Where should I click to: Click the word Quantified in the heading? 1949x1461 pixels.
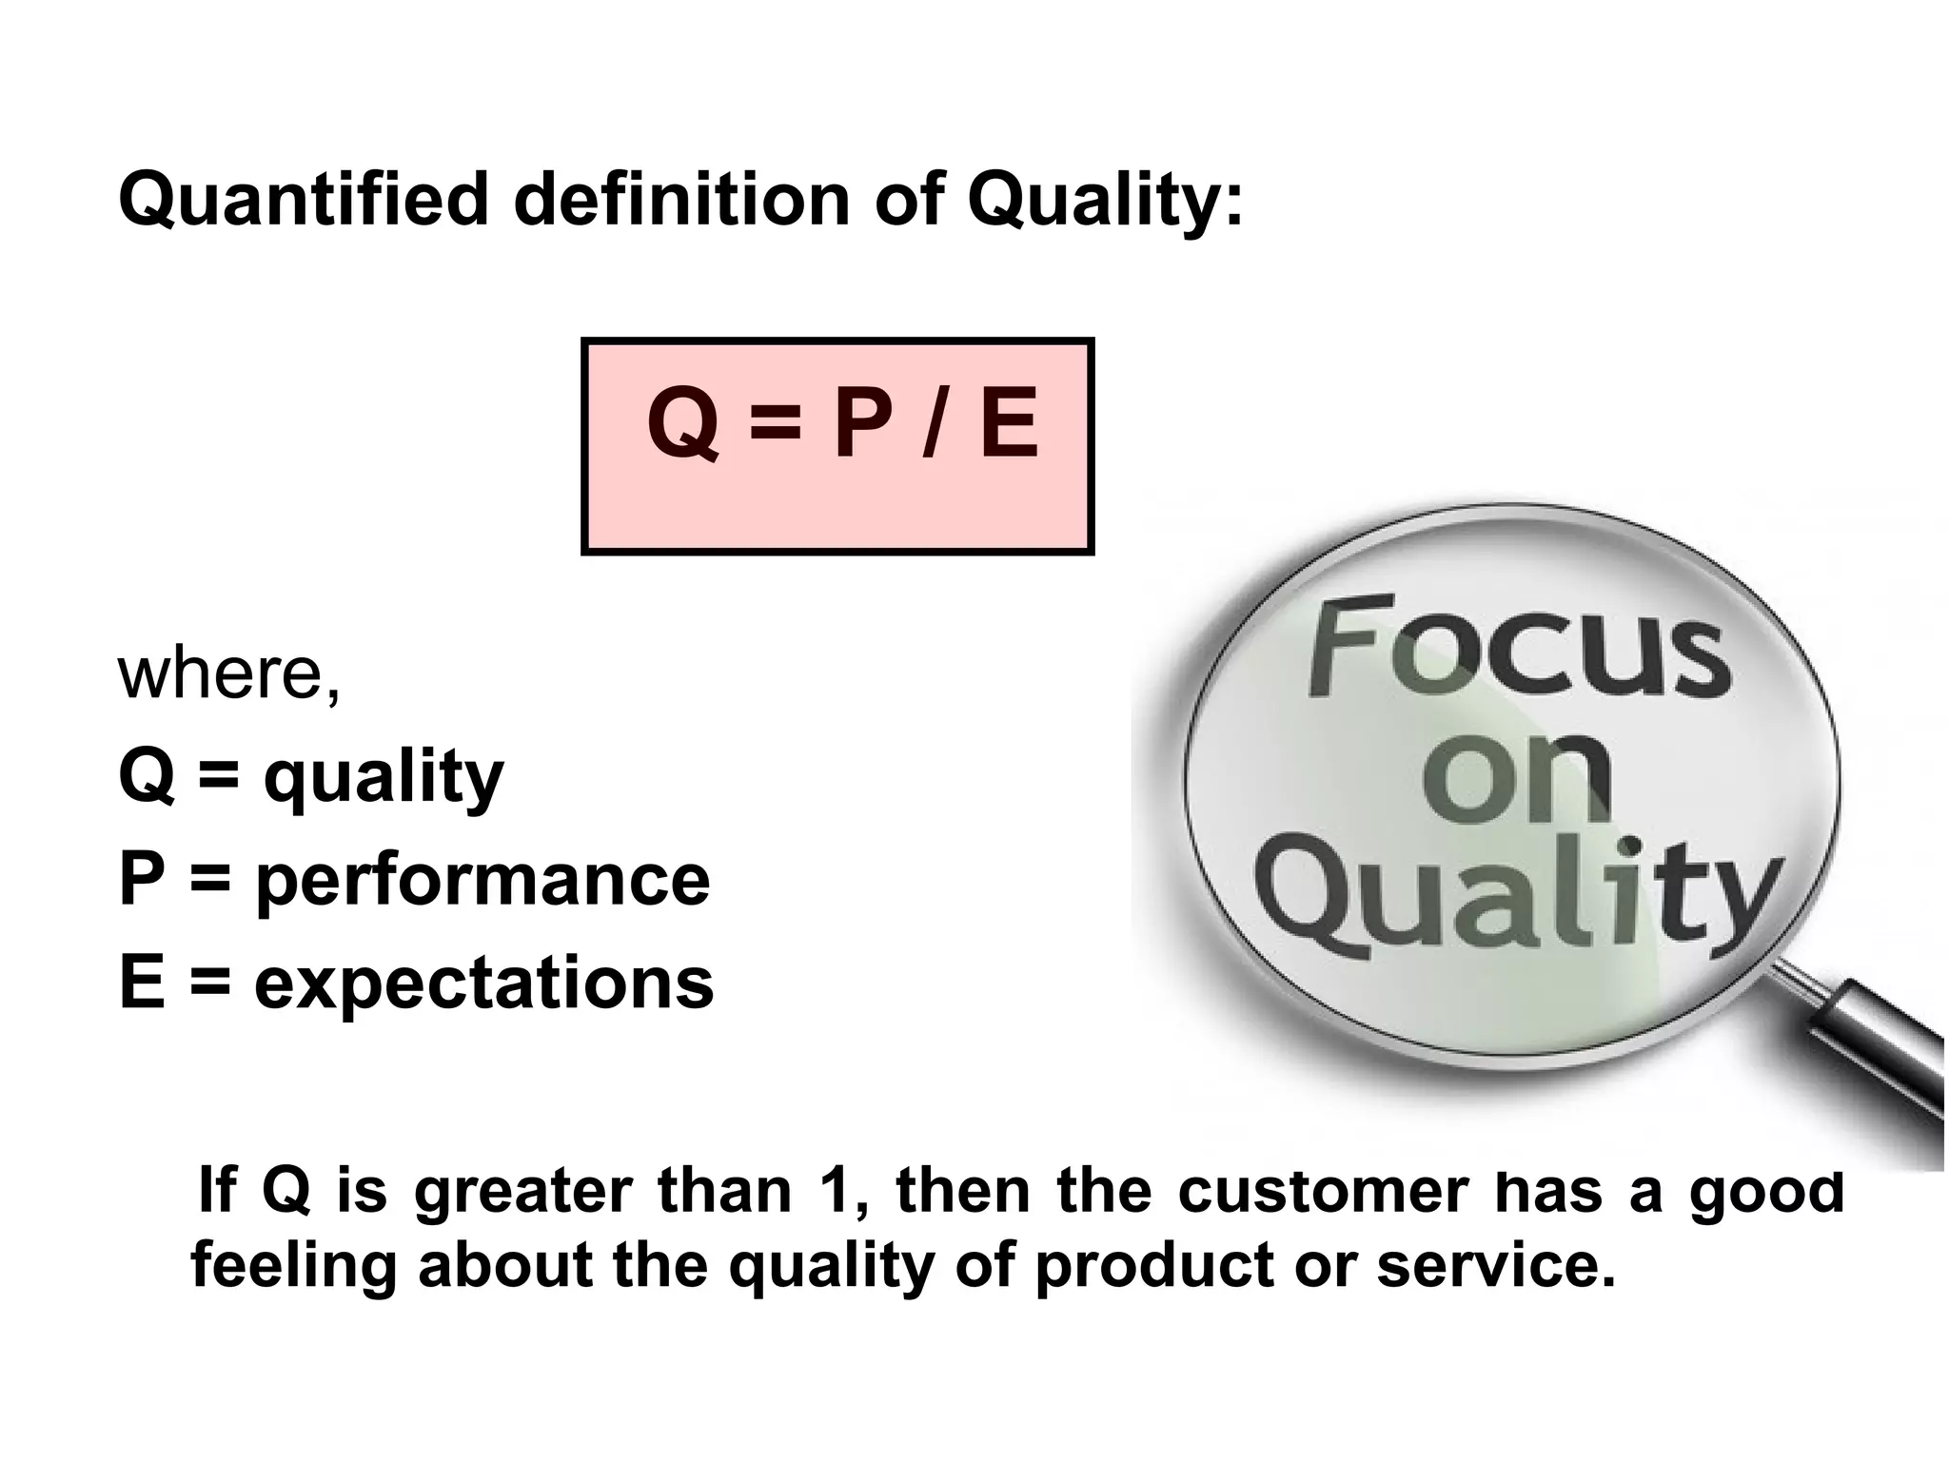point(304,201)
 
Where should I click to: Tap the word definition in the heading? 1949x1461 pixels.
point(681,201)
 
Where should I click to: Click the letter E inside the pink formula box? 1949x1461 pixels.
point(1009,426)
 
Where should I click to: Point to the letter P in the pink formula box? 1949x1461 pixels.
point(862,426)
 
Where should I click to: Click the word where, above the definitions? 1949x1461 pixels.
point(228,673)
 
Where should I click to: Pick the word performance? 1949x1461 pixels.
point(482,880)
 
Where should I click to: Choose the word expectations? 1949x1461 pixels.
point(483,983)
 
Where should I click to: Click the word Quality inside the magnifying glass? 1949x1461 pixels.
point(1517,897)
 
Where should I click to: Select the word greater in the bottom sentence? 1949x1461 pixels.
point(523,1193)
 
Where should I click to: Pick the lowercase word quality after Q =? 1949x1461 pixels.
point(383,778)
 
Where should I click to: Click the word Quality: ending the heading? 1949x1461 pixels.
point(1105,201)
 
